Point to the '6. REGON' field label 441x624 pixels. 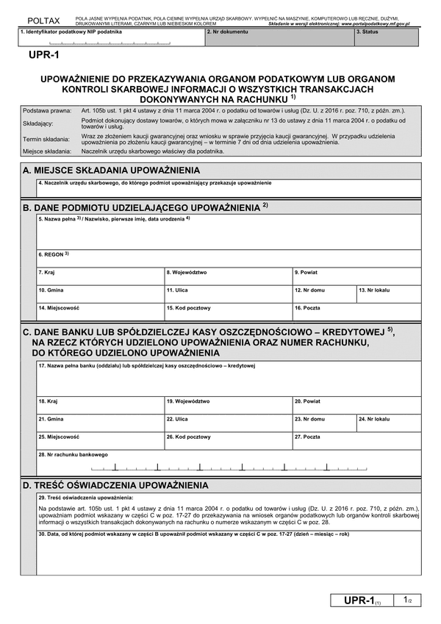(x=53, y=254)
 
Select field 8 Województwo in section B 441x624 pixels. (x=228, y=276)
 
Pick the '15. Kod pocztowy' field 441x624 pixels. (x=228, y=312)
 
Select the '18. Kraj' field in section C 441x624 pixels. (x=100, y=406)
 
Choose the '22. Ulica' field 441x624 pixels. (x=228, y=423)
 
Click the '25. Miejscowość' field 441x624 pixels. (x=100, y=441)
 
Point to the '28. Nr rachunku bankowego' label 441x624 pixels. (x=73, y=454)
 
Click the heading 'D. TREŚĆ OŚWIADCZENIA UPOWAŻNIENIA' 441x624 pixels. (x=115, y=486)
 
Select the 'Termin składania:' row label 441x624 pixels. (x=46, y=139)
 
